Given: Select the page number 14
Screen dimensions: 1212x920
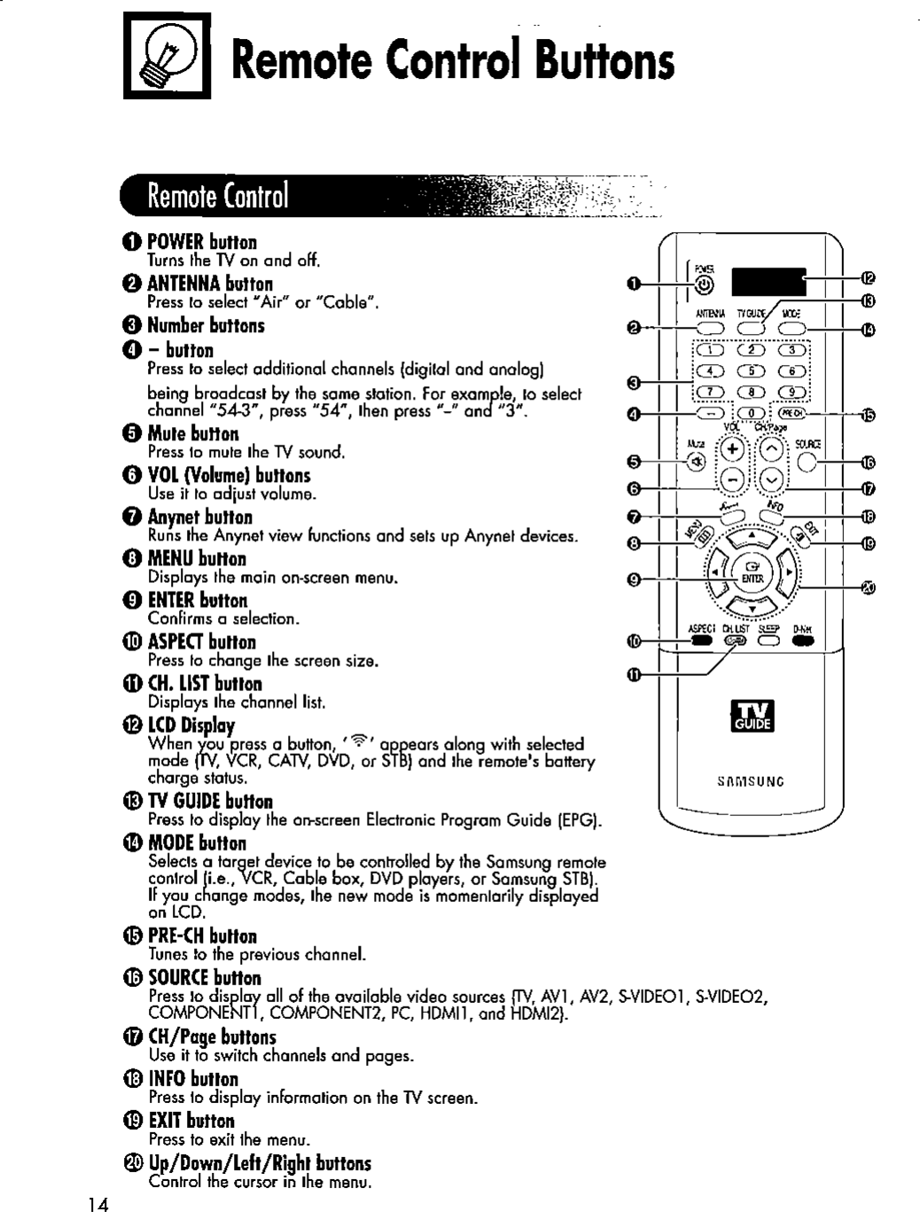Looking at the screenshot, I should click(98, 1203).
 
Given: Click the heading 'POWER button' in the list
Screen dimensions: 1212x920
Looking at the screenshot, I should click(202, 243).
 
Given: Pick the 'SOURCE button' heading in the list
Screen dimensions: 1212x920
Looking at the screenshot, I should click(205, 978).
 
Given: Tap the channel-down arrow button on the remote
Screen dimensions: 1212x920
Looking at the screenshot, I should click(772, 479).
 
